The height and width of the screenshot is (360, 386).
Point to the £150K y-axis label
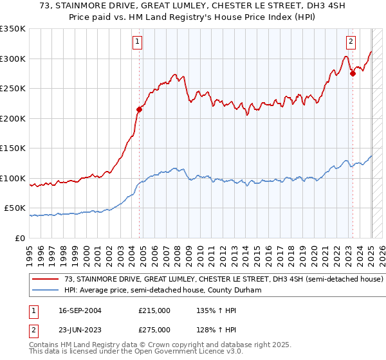tap(13, 148)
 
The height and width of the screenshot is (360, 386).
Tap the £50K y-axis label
tap(15, 208)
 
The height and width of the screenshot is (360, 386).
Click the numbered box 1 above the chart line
tap(138, 42)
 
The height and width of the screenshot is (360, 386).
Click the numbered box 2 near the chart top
tap(351, 42)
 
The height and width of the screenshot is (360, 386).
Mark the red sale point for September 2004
tap(139, 109)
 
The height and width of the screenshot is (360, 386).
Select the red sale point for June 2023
tap(353, 73)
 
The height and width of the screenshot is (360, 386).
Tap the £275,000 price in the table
tap(154, 329)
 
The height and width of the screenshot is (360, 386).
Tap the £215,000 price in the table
tap(154, 310)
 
